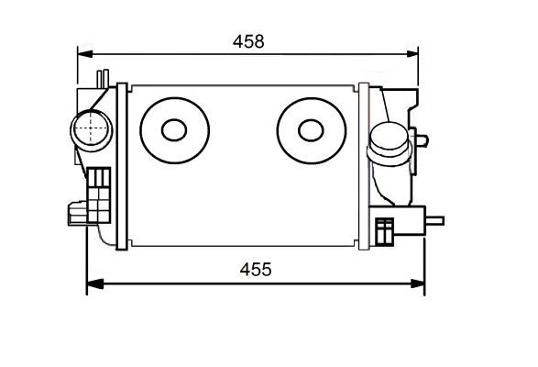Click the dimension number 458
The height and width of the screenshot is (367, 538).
tap(247, 41)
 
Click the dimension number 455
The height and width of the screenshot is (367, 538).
tap(257, 270)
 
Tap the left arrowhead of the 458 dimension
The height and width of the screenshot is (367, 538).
tap(82, 52)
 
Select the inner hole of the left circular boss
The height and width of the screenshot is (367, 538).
tap(173, 129)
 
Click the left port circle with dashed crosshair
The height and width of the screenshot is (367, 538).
tap(89, 129)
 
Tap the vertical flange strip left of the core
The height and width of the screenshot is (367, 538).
tap(122, 165)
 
